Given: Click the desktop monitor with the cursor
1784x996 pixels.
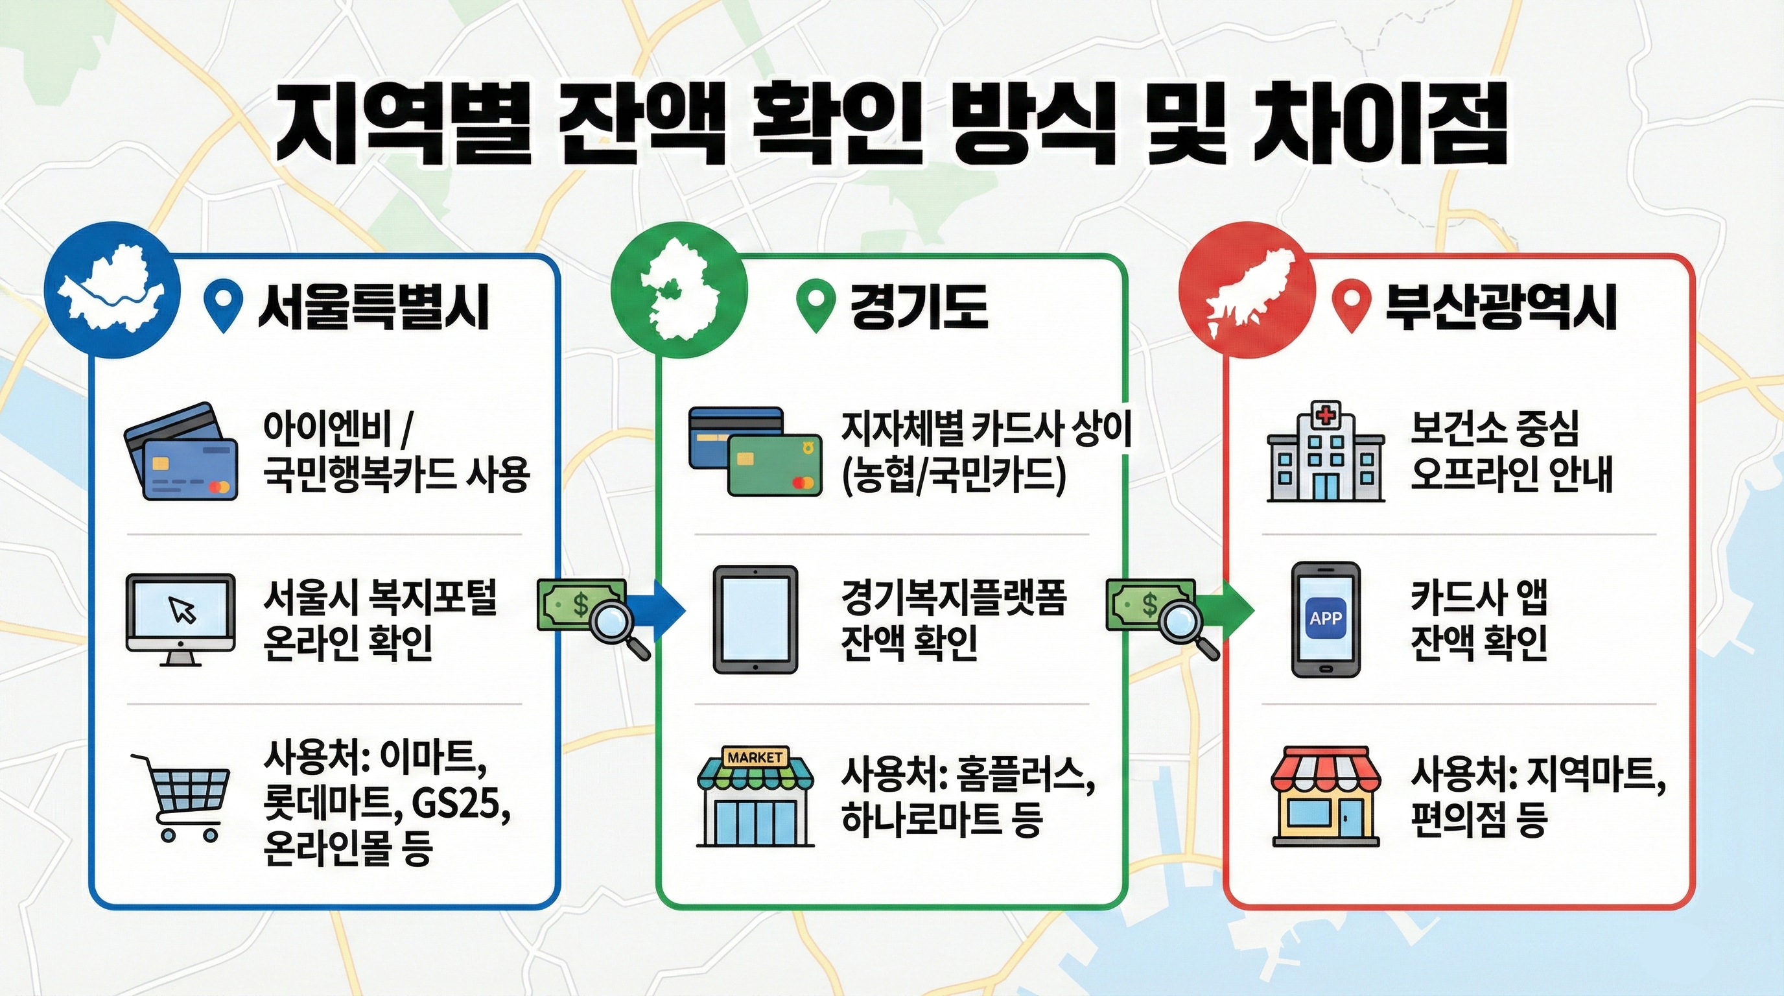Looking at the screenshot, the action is click(180, 619).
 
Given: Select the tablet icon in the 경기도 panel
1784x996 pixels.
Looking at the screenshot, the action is click(756, 619).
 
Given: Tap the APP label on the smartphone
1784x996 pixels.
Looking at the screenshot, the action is click(1326, 618).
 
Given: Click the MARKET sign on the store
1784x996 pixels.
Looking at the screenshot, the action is click(755, 757).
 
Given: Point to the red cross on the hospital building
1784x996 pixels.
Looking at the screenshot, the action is click(1326, 416).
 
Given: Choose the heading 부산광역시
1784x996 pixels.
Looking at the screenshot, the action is click(1501, 308).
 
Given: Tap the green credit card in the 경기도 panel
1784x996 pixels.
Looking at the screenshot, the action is click(775, 465).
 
